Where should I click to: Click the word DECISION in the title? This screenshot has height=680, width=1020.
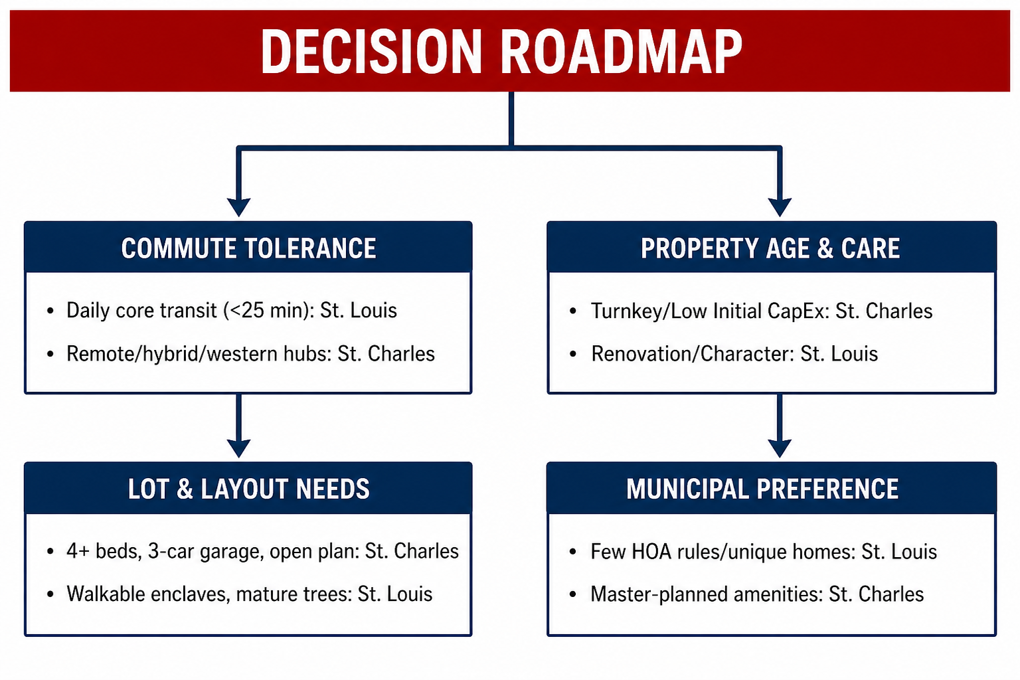[371, 51]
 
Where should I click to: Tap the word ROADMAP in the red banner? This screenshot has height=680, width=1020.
[622, 51]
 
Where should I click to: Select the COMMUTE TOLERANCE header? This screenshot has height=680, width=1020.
[248, 248]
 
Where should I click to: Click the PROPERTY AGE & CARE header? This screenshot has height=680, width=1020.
[770, 248]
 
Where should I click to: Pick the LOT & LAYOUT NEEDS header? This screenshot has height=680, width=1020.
[248, 489]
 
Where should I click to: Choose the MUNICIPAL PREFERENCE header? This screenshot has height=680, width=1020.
[762, 489]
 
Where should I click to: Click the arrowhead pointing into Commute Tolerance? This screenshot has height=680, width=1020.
[238, 207]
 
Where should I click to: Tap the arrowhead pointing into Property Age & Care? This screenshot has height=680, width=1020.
[780, 207]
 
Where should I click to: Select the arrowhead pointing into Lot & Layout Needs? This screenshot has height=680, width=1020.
[238, 448]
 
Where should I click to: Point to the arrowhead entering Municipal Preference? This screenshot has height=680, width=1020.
[780, 448]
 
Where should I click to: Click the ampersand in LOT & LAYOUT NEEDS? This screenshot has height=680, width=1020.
[185, 489]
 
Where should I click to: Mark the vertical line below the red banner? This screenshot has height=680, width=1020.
[511, 119]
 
